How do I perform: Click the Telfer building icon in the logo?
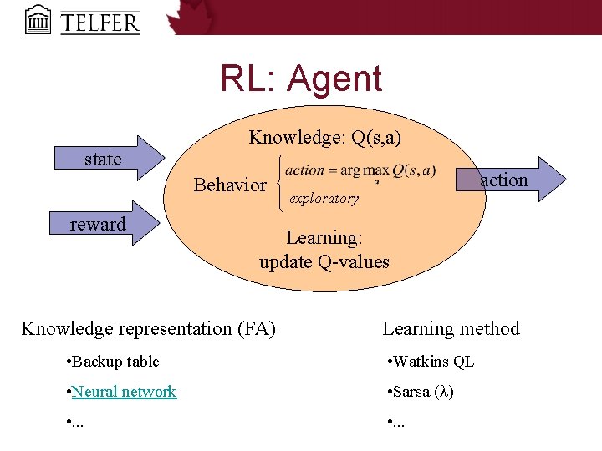coord(38,18)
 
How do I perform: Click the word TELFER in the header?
coord(99,20)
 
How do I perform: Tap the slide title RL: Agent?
coord(301,79)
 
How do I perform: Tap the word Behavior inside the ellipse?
coord(230,185)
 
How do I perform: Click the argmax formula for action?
coord(360,170)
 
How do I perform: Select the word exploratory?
coord(324,199)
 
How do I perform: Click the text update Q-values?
coord(324,261)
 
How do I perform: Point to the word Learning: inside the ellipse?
coord(324,238)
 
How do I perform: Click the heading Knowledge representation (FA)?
coord(148,328)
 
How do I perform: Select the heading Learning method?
coord(451,328)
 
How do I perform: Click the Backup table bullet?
coord(111,362)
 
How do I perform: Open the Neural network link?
coord(124,391)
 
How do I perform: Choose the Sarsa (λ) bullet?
coord(421,391)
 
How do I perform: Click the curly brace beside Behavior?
coord(278,183)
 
